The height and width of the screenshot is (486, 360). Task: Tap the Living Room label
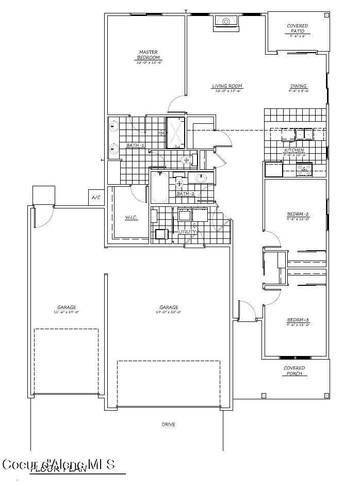(x=227, y=86)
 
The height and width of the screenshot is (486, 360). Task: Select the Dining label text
(x=298, y=86)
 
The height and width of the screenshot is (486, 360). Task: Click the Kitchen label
(x=294, y=150)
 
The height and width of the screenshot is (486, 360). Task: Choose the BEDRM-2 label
(x=298, y=214)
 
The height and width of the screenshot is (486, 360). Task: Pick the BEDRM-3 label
(x=298, y=320)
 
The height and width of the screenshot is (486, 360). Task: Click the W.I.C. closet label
(x=130, y=218)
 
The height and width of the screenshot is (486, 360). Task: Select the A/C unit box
(x=95, y=198)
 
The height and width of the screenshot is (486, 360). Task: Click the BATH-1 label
(x=135, y=145)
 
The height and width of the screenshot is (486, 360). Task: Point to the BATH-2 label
(x=185, y=193)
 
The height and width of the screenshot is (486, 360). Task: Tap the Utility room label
(x=187, y=232)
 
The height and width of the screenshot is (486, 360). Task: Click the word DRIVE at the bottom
(x=168, y=425)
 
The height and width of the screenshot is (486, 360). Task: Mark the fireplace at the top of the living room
(x=225, y=22)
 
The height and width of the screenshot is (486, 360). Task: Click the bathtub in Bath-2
(x=158, y=188)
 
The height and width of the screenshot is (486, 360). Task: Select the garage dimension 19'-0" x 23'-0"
(x=169, y=312)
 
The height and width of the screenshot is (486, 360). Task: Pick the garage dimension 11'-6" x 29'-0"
(x=67, y=312)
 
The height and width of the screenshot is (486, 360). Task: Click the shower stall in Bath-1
(x=174, y=133)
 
